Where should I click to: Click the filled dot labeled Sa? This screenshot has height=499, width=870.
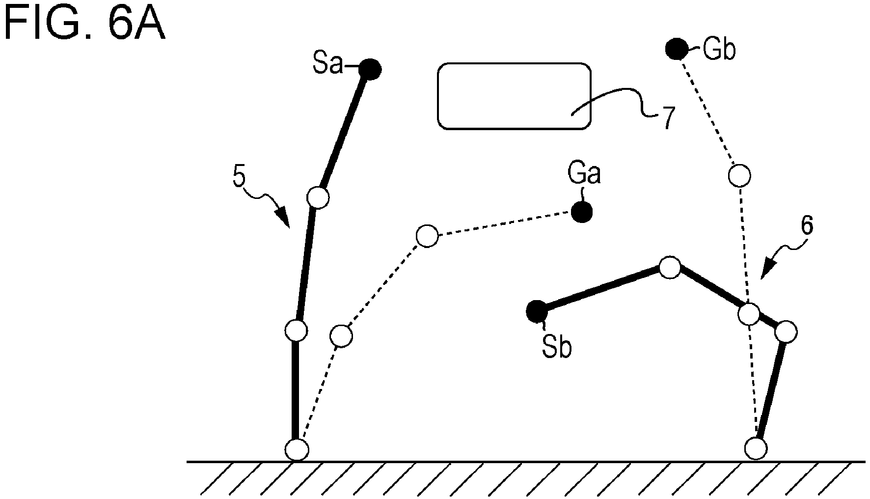click(370, 69)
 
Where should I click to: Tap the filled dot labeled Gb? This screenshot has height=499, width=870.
click(676, 49)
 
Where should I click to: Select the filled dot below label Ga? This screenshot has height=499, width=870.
click(581, 213)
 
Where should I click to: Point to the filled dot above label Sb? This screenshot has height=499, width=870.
click(537, 311)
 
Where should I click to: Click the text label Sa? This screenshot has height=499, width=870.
click(327, 64)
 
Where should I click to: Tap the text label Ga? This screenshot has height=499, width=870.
click(584, 173)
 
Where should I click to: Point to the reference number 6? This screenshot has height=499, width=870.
click(807, 225)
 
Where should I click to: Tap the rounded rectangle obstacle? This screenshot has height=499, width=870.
click(514, 96)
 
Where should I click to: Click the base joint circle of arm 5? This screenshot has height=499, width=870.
click(297, 449)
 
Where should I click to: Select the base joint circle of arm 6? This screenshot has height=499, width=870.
click(756, 448)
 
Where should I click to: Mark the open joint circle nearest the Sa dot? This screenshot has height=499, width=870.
click(318, 197)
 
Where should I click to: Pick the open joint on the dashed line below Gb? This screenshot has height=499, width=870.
click(739, 175)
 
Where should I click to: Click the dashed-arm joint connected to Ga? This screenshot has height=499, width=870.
click(427, 236)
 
